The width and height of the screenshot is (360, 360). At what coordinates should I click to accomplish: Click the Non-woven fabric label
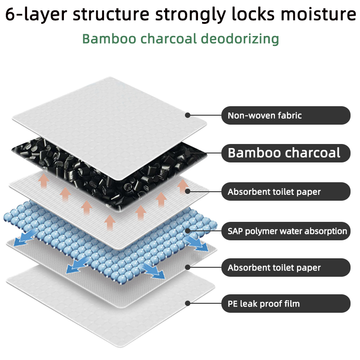click(x=286, y=116)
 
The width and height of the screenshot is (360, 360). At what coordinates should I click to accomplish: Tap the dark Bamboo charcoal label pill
click(x=286, y=153)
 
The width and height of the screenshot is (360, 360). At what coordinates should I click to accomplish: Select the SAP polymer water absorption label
click(x=286, y=231)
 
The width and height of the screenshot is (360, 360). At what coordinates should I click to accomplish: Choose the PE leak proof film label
click(x=286, y=303)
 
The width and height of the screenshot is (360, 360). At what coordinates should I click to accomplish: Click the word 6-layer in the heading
click(x=36, y=14)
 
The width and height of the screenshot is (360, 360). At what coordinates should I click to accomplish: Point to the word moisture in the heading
click(x=319, y=14)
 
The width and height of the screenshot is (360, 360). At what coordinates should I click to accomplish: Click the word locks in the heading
click(x=253, y=14)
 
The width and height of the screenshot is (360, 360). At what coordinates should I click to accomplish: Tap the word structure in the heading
click(x=111, y=14)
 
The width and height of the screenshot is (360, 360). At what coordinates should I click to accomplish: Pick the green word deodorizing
click(x=240, y=39)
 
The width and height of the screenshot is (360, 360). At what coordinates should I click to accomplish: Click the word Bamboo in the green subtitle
click(x=109, y=39)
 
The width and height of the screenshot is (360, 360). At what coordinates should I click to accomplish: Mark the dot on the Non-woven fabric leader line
click(x=188, y=115)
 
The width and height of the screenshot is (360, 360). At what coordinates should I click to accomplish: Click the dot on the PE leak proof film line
click(x=188, y=303)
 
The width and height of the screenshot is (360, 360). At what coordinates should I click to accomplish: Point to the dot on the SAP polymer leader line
click(x=188, y=231)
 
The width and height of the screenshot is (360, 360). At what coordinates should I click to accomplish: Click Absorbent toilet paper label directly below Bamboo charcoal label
click(x=286, y=192)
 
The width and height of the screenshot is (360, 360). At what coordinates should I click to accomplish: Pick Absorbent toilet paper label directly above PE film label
click(x=286, y=267)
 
